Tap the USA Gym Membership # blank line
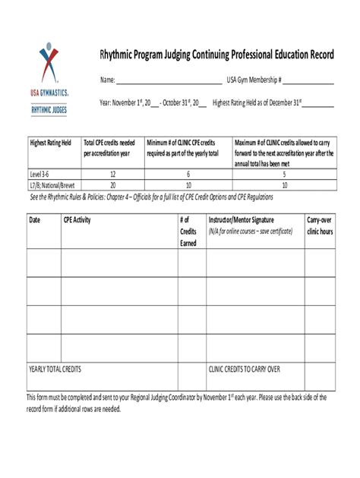point(308,81)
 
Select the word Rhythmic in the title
point(119,56)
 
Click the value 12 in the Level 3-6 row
point(112,174)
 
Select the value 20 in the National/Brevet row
point(112,184)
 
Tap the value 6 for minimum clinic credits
point(188,174)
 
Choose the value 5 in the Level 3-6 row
point(284,174)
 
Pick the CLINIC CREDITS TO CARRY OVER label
point(245,370)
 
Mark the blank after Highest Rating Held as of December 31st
point(318,104)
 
